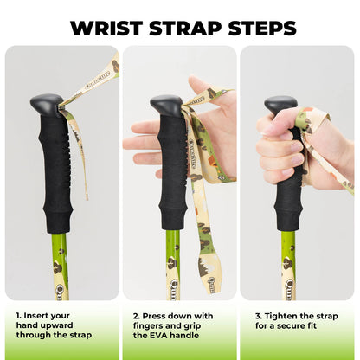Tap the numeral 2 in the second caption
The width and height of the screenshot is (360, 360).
136,317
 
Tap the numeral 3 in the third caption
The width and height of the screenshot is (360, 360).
256,317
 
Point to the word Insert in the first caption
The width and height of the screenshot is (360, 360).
37,317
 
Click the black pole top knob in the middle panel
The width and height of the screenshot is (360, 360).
165,105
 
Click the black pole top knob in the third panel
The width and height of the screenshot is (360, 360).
280,105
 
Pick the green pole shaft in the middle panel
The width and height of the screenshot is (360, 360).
173,260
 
